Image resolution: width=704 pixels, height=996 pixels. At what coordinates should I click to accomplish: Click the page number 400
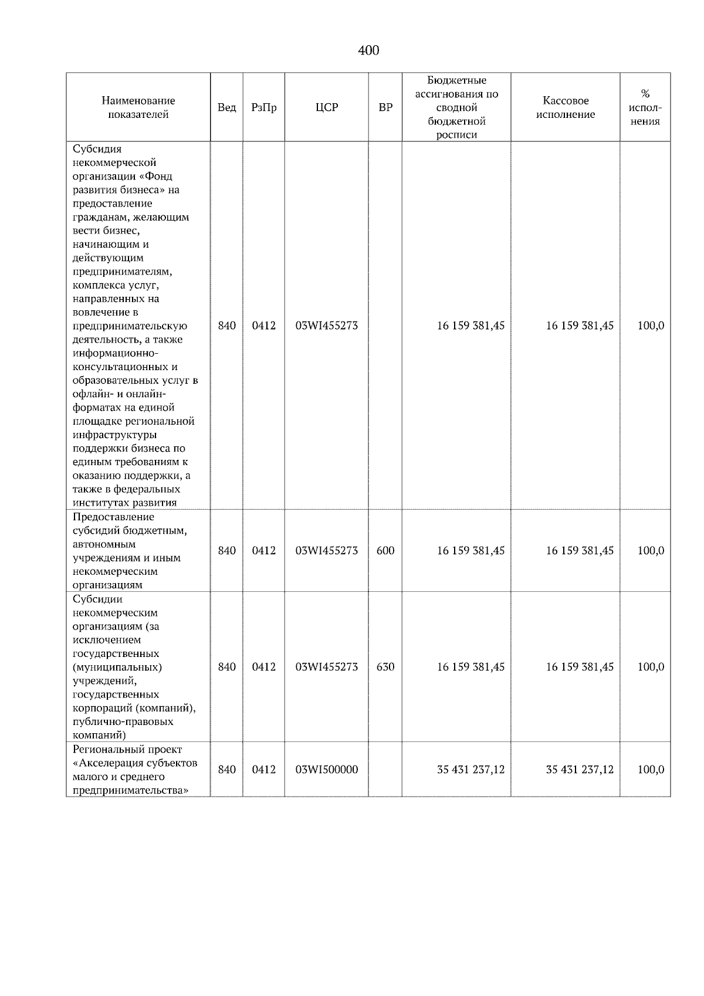[368, 51]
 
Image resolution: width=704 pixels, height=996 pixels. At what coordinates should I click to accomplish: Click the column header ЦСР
[327, 108]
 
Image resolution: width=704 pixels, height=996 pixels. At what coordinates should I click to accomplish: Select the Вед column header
[226, 108]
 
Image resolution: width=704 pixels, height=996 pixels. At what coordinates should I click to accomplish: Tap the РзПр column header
[263, 108]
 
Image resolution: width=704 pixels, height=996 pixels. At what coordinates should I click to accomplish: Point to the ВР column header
[385, 108]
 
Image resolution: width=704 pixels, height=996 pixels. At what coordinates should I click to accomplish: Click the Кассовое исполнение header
[565, 108]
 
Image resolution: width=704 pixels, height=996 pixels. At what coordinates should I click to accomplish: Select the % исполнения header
[645, 108]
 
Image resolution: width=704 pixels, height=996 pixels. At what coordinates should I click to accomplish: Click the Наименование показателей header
[138, 108]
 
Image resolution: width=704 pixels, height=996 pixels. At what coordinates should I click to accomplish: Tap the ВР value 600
[385, 551]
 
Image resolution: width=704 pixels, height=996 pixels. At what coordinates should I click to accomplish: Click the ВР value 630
[385, 667]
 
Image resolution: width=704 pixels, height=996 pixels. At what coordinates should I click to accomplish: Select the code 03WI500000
[327, 770]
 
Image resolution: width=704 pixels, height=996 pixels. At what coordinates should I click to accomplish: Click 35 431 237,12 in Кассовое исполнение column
[580, 770]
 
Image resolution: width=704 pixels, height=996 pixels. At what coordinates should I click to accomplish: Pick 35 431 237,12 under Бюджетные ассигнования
[471, 770]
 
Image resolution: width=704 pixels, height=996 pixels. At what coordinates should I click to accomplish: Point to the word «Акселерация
[106, 763]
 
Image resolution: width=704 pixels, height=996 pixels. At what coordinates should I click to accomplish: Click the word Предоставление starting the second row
[113, 517]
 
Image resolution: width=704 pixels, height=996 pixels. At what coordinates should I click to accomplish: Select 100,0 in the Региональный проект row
[651, 770]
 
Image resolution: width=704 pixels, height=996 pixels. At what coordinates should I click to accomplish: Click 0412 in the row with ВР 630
[263, 667]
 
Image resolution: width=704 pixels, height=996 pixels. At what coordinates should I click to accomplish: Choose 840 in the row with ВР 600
[226, 551]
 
